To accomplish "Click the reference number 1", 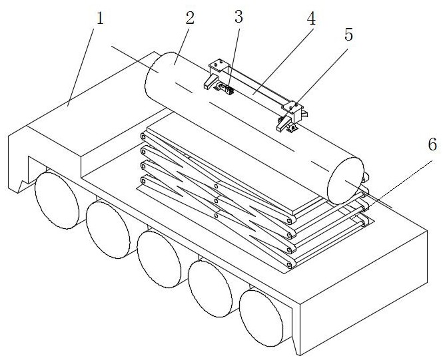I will pyautogui.click(x=101, y=17).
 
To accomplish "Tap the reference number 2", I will pyautogui.click(x=190, y=17).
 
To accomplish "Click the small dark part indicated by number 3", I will pyautogui.click(x=230, y=90).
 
